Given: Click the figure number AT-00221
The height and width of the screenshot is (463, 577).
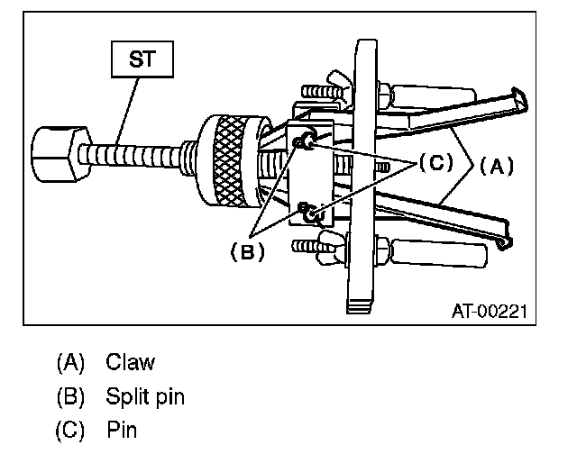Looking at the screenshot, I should click(x=488, y=311).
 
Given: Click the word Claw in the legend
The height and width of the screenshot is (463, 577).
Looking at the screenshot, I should click(x=130, y=363).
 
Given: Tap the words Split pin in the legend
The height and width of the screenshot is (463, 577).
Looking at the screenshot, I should click(x=145, y=397).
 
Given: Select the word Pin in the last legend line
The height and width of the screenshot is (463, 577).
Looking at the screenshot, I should click(x=122, y=431).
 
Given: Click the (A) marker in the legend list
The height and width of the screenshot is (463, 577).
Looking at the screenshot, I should click(x=70, y=363).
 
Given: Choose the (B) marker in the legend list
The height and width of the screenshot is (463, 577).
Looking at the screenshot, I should click(x=70, y=397).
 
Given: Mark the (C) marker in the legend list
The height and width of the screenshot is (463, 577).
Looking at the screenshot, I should click(x=70, y=431).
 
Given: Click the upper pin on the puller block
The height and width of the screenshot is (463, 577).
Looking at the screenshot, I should click(x=308, y=140).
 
